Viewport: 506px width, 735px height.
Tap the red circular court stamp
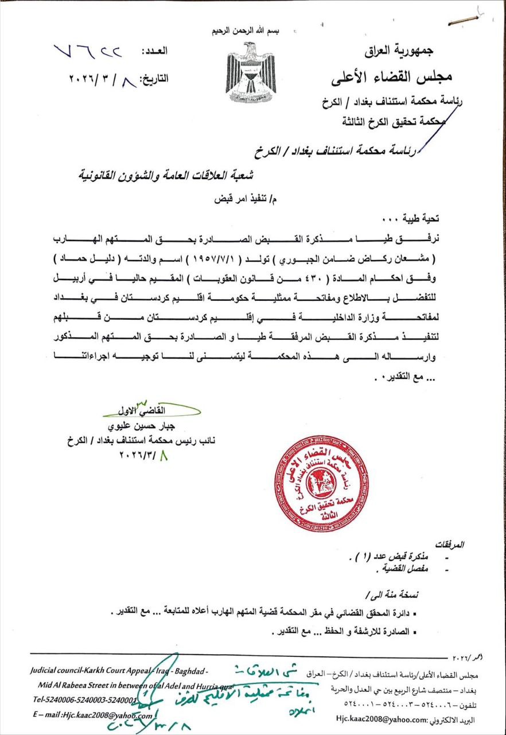click(321, 483)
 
